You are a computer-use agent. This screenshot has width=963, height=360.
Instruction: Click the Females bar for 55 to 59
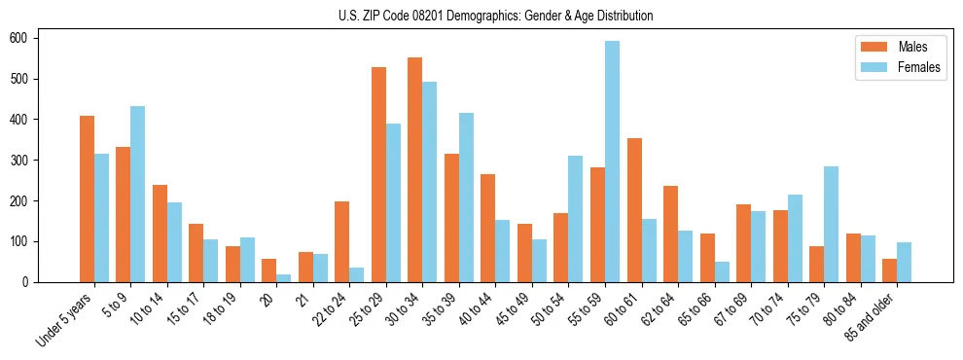click(612, 162)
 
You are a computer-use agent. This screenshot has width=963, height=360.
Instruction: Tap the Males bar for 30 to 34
click(414, 169)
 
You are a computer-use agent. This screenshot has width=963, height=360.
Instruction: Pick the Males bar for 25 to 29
click(378, 174)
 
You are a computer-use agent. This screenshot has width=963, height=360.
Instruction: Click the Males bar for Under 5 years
click(87, 198)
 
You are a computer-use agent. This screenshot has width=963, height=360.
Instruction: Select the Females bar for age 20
click(283, 277)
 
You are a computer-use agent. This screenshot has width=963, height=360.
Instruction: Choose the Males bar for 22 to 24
click(341, 241)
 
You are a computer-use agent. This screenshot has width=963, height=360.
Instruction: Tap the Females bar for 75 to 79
click(831, 224)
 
